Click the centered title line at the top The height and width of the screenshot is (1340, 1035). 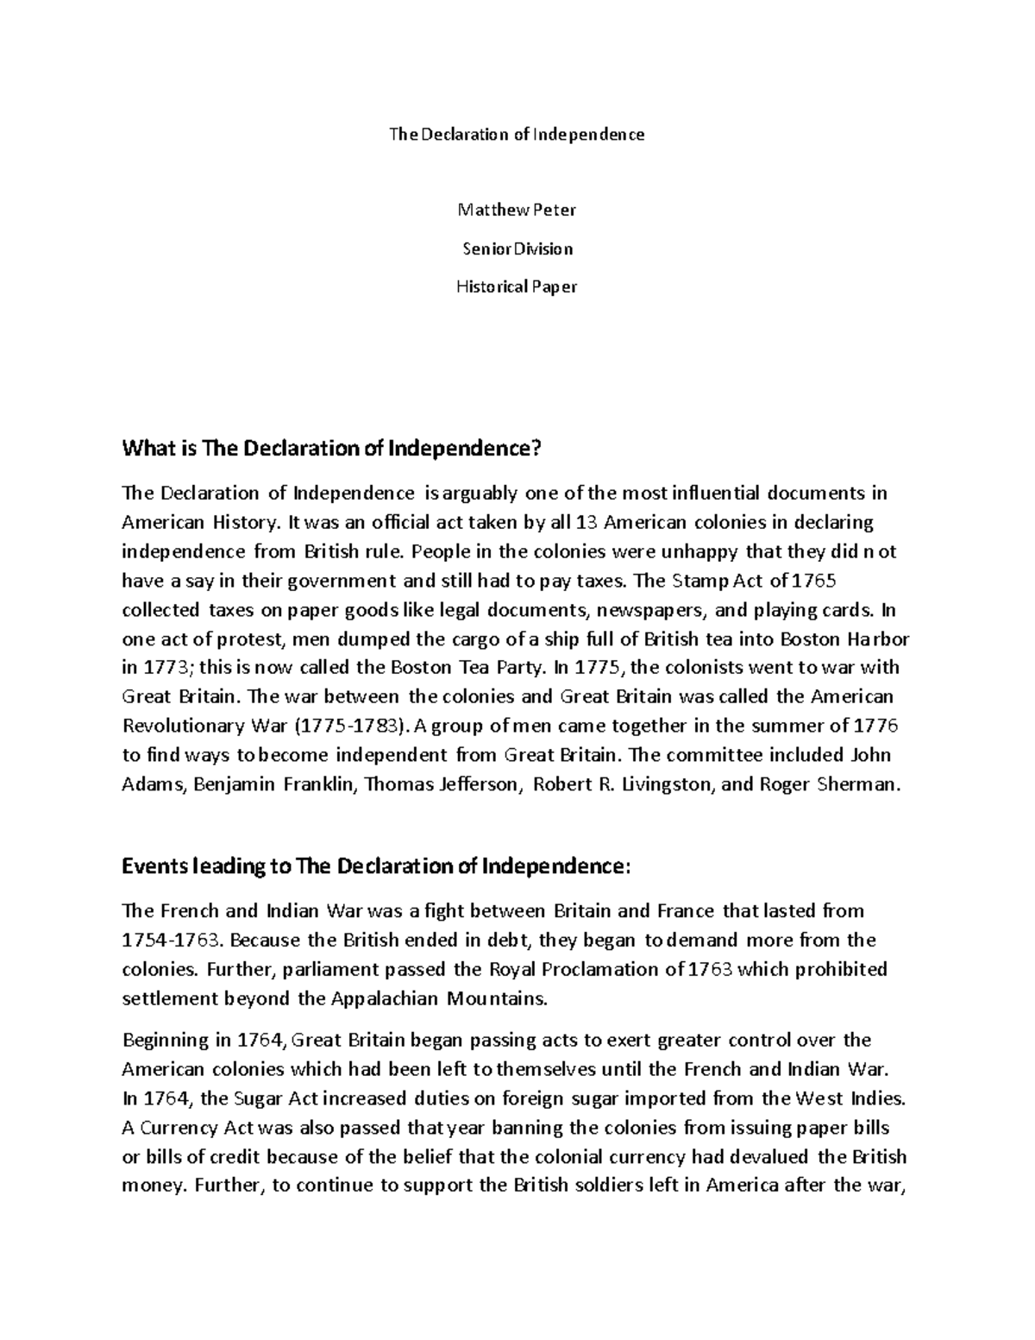click(517, 135)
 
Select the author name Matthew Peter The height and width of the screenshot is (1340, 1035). click(517, 210)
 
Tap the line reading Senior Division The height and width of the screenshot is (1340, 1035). click(517, 248)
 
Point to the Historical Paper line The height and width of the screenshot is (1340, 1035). click(517, 286)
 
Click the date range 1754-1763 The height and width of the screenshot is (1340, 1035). click(174, 940)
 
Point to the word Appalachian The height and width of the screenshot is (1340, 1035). click(385, 999)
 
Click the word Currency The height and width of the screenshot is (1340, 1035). click(179, 1128)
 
